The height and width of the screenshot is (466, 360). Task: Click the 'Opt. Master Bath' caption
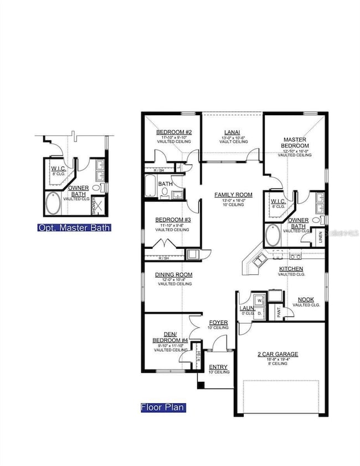click(74, 227)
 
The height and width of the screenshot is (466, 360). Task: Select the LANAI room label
click(232, 132)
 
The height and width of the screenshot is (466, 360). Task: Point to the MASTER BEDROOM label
click(295, 142)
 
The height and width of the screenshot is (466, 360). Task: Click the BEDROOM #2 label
click(173, 132)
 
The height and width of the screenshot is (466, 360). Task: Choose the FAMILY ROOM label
click(234, 195)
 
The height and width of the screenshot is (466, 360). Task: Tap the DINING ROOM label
click(173, 275)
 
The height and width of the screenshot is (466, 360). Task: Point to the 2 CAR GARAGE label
click(277, 354)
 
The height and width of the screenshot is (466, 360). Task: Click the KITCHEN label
click(291, 269)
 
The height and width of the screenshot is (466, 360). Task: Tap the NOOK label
click(306, 299)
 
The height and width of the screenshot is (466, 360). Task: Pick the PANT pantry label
click(279, 313)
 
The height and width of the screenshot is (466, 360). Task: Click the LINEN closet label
click(320, 238)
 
